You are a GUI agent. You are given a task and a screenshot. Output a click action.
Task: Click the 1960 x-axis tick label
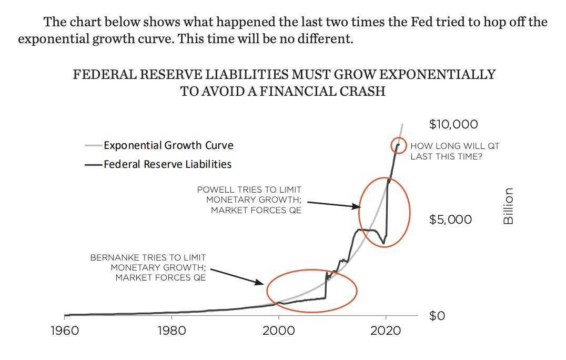click(x=65, y=331)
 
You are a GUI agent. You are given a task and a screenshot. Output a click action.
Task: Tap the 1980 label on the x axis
click(x=172, y=331)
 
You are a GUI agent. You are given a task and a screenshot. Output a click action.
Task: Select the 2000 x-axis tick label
click(x=279, y=331)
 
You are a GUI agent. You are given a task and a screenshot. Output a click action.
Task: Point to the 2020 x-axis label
click(x=386, y=331)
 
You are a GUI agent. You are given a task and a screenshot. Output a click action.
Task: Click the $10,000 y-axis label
click(x=453, y=124)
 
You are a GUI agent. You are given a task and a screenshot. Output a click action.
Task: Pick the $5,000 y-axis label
click(x=450, y=219)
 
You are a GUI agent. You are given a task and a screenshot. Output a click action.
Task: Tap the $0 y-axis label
click(x=437, y=316)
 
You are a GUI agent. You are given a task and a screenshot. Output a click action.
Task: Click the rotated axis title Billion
click(x=508, y=206)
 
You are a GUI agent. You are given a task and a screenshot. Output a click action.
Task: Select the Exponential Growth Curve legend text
click(x=168, y=145)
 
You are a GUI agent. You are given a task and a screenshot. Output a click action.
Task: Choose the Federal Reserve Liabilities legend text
click(x=167, y=164)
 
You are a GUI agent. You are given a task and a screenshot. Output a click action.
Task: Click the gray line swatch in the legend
click(x=94, y=145)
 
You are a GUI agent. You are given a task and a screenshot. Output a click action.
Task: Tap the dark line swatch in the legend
click(x=94, y=165)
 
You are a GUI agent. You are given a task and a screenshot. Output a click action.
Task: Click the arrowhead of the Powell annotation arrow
click(x=357, y=206)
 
